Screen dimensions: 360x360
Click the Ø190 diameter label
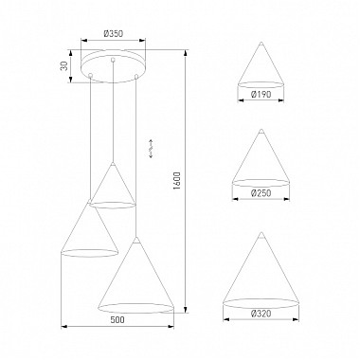coord(264,95)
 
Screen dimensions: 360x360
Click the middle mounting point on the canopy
coord(114,60)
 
